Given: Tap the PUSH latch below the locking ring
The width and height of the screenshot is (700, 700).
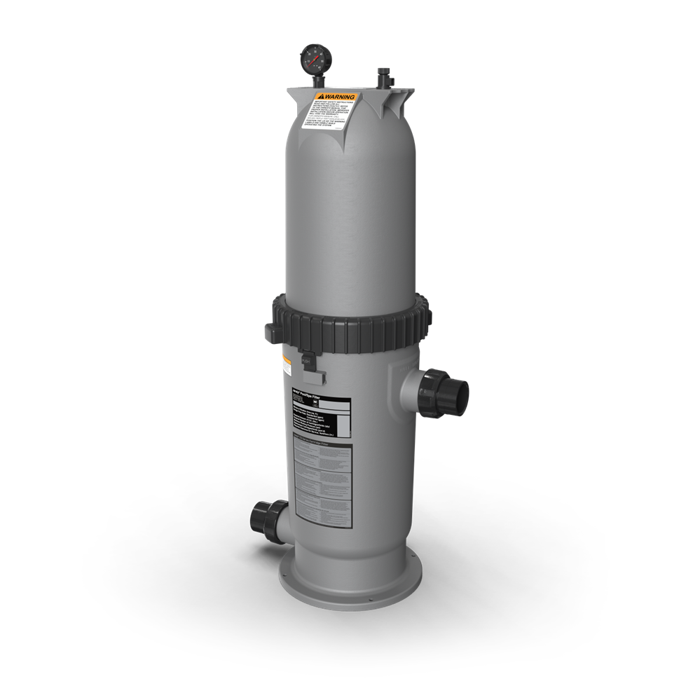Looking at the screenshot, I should (306, 361).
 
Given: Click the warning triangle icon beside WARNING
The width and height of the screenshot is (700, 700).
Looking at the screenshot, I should (320, 96).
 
